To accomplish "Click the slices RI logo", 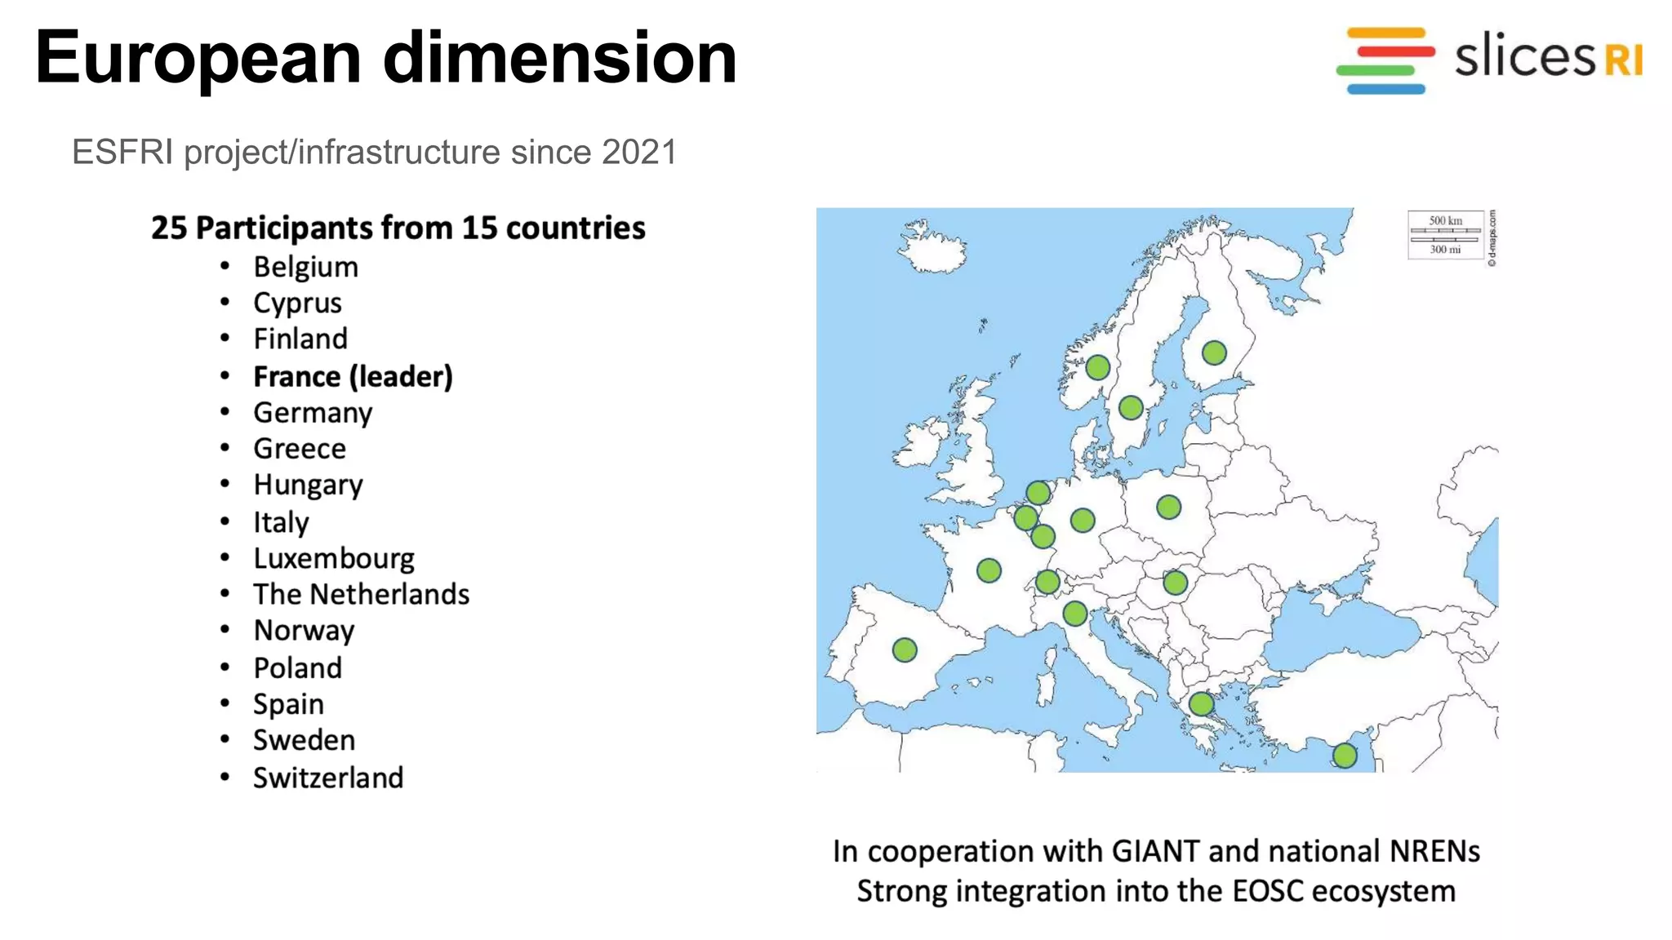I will [x=1489, y=60].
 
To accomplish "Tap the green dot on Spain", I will [x=905, y=650].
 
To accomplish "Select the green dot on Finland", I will [x=1214, y=352].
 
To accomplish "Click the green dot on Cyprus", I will [x=1345, y=756].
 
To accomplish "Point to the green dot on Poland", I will [x=1168, y=508].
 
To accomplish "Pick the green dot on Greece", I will [x=1201, y=703].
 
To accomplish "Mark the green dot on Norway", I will [x=1097, y=367].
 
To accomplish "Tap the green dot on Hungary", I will [x=1175, y=583].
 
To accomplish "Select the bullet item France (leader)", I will [x=353, y=377].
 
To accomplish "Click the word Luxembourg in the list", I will [x=334, y=559].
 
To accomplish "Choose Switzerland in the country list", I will [x=328, y=778].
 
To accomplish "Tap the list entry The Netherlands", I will [x=361, y=595].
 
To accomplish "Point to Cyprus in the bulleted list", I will [x=297, y=304].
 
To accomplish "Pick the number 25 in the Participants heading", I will [x=168, y=228].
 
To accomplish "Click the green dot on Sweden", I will [x=1131, y=408].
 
